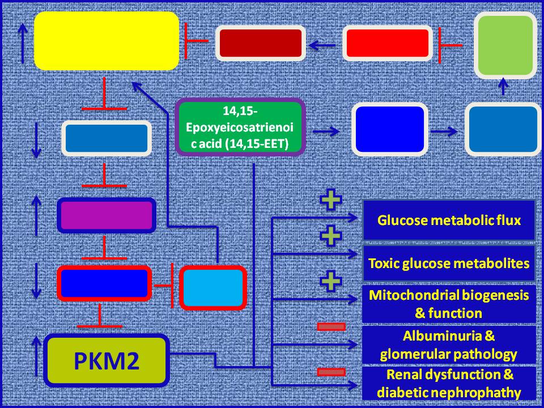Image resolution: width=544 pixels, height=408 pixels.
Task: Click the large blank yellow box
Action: (x=107, y=41)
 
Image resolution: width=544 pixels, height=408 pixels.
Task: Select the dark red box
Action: (x=261, y=43)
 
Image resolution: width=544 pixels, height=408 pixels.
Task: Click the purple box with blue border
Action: (x=107, y=215)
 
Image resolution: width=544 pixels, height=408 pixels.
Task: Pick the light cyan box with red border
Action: (x=213, y=288)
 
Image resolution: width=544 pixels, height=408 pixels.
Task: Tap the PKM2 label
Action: (x=107, y=361)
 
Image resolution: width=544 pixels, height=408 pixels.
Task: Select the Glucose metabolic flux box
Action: (x=449, y=220)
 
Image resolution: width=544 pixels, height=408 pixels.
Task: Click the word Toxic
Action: (x=385, y=263)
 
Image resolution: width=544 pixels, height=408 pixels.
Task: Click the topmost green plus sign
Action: (x=330, y=202)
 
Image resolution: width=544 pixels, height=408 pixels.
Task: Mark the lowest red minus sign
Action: (x=331, y=372)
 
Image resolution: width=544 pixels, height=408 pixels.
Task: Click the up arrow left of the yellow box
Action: (x=23, y=43)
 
